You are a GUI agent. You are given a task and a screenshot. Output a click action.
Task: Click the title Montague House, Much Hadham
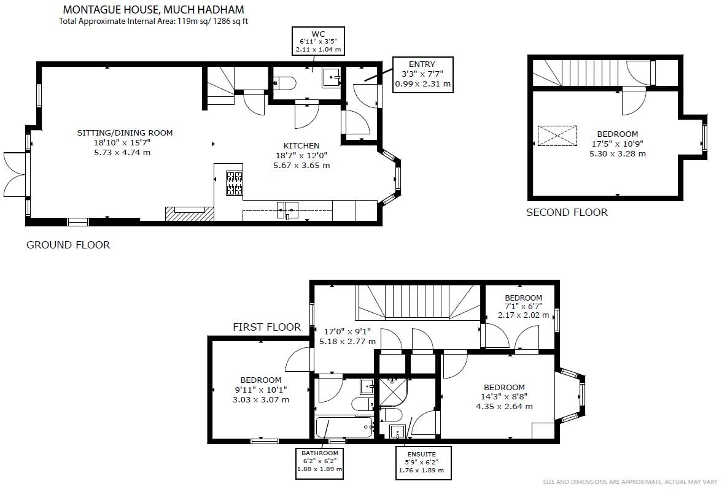coord(153,10)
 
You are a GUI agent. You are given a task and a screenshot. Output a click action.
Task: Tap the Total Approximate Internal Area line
coord(153,21)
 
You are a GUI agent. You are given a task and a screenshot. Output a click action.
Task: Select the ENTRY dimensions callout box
coord(422,74)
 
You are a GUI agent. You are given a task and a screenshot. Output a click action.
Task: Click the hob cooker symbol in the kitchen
coord(234,183)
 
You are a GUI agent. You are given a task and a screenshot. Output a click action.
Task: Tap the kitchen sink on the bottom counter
coord(287,209)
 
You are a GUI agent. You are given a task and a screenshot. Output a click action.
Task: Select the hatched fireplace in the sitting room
coord(189,213)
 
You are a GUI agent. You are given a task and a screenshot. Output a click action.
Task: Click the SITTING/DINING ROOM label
coord(125,133)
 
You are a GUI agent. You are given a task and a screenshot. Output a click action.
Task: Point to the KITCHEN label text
coord(301,146)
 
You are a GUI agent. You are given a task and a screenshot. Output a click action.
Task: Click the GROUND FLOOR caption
coord(68,245)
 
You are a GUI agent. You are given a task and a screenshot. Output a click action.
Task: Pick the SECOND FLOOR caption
coord(567,213)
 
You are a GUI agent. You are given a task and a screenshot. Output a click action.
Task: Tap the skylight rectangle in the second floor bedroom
coord(557,136)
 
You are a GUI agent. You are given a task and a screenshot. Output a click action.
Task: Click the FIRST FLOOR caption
coord(266,327)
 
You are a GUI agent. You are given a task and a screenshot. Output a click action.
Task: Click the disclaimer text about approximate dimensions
coord(630,482)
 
